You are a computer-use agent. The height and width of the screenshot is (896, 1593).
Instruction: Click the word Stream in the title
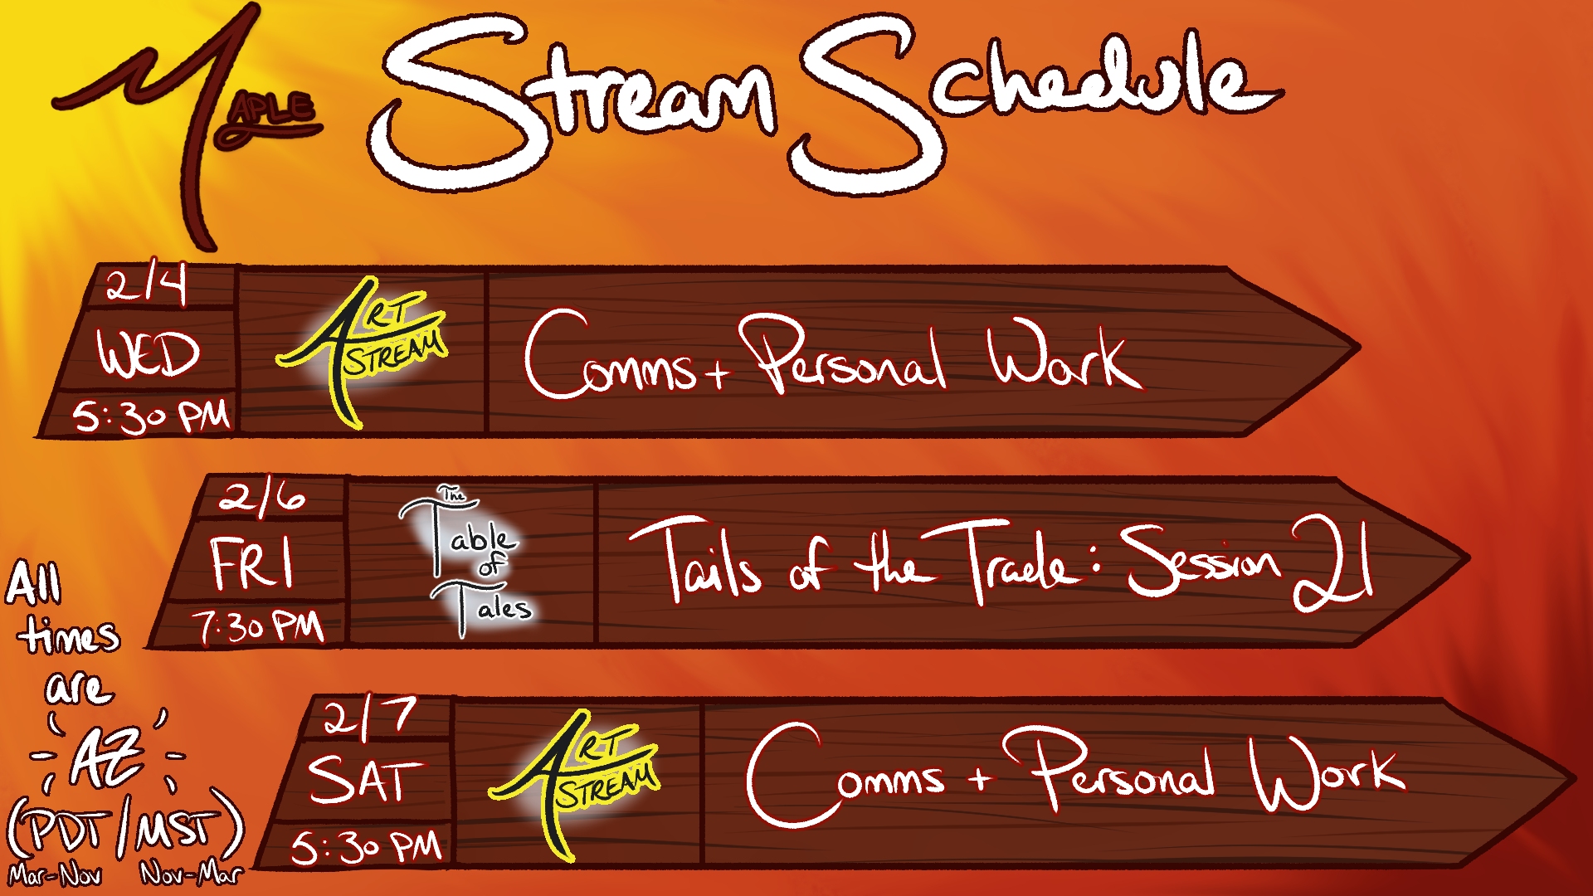572,100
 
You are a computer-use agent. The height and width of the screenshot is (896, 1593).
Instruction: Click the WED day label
149,353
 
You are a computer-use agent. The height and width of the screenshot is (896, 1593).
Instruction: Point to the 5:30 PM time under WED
151,416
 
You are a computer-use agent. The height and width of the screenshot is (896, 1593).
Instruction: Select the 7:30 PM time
258,626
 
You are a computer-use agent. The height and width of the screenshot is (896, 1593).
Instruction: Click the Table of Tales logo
466,562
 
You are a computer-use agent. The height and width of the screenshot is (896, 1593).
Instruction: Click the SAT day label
365,779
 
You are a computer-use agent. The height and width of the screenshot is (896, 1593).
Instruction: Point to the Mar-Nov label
55,875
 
